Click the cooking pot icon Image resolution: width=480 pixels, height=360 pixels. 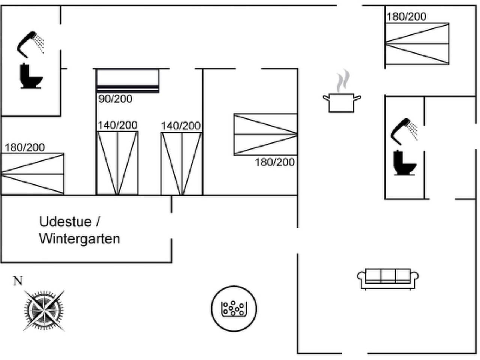[x=342, y=103]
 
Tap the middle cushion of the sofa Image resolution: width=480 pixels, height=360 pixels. [x=388, y=275]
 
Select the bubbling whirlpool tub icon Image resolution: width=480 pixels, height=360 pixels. [x=234, y=308]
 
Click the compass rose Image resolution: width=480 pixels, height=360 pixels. [x=44, y=310]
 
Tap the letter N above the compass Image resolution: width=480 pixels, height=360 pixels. [x=18, y=281]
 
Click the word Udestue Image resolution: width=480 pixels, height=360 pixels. [x=65, y=222]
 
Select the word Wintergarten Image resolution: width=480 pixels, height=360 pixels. [x=79, y=238]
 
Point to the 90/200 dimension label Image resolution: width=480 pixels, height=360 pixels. [x=115, y=99]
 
